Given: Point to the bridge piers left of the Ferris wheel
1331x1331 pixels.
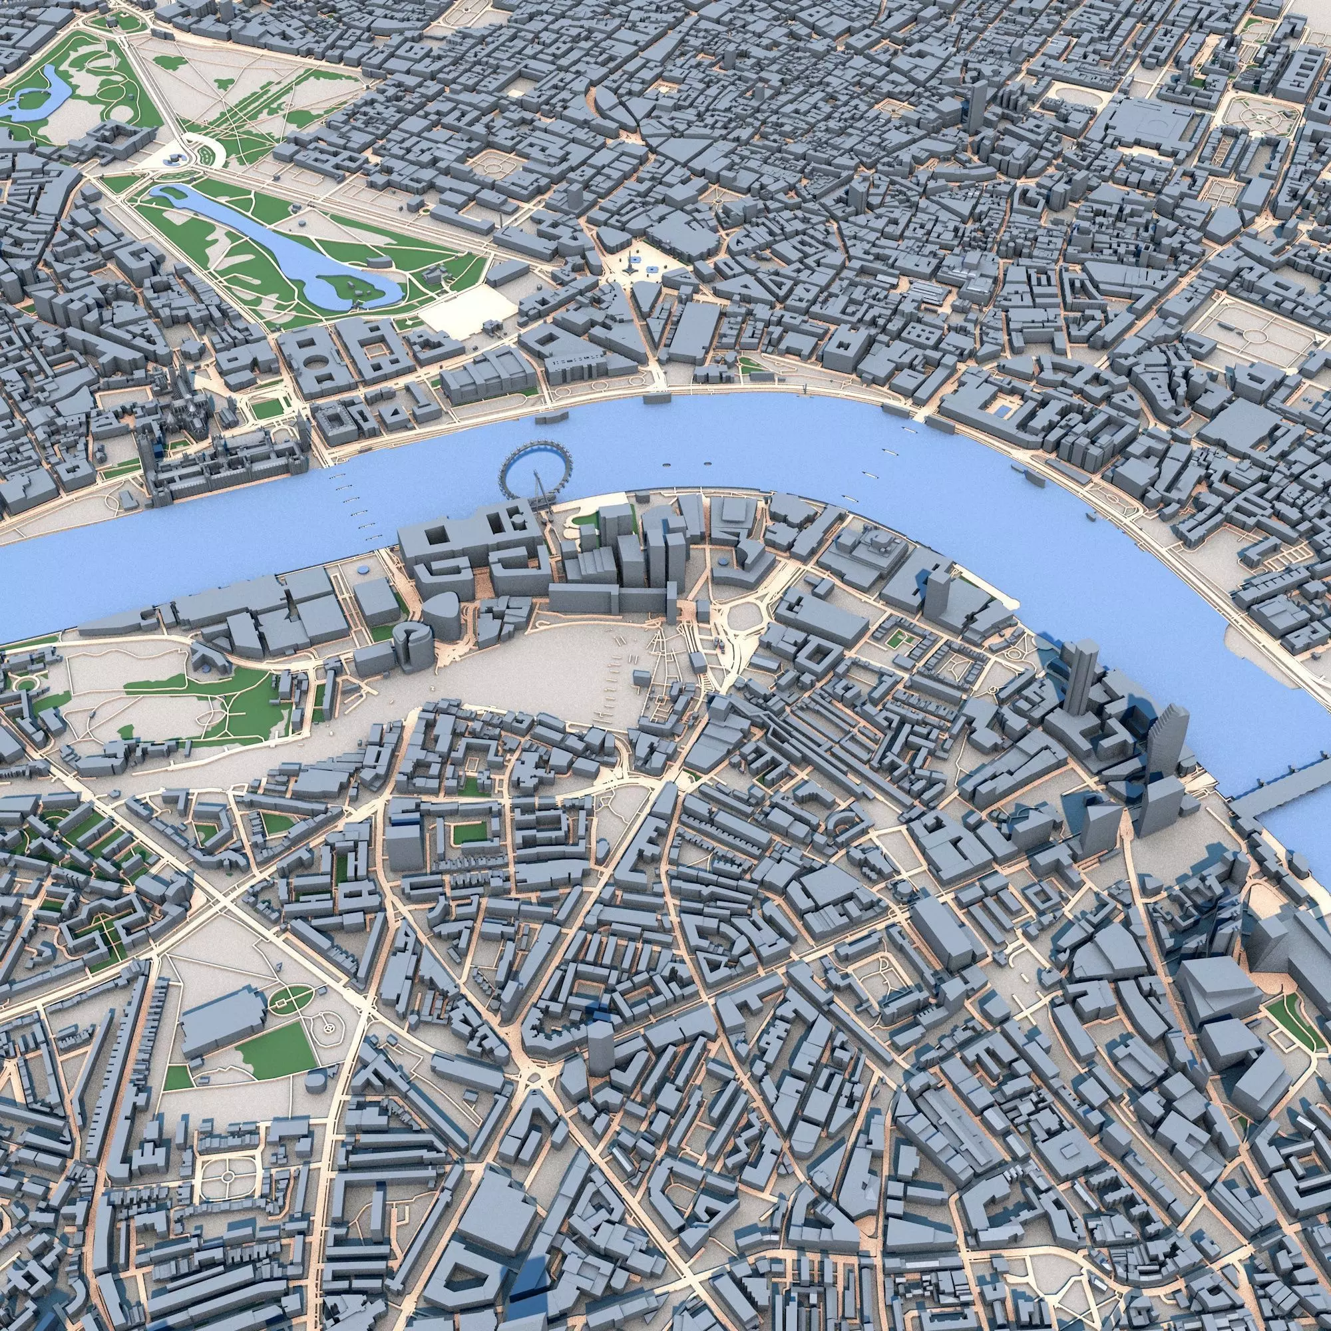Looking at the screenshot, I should tap(358, 510).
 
